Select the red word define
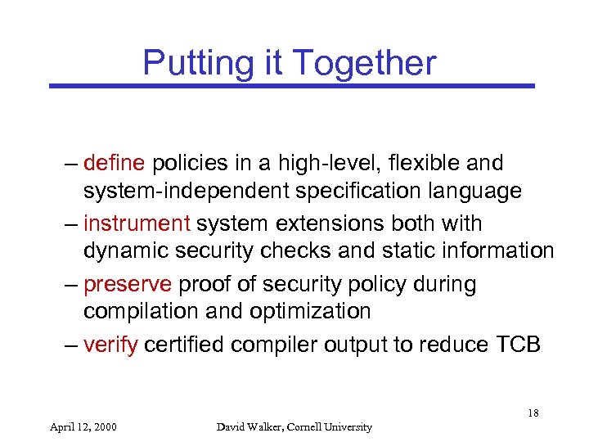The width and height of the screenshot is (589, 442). click(x=115, y=163)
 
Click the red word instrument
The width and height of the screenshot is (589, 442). click(x=137, y=223)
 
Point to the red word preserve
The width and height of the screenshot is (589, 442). click(x=128, y=284)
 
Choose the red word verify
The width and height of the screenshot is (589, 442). click(x=111, y=344)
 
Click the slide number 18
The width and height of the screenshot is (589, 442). click(x=533, y=413)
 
